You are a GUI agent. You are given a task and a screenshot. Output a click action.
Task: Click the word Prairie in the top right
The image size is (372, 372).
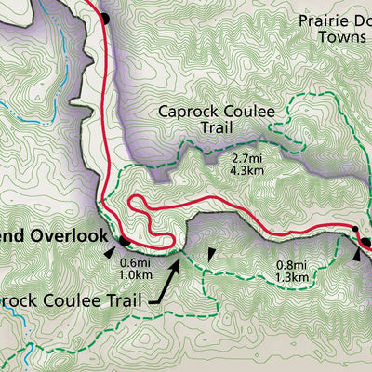click(325, 20)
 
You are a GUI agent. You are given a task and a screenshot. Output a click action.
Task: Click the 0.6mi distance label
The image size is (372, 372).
click(136, 263)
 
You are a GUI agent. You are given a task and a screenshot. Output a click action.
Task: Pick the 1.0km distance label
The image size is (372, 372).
click(136, 275)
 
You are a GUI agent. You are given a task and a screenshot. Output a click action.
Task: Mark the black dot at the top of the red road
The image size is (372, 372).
click(104, 18)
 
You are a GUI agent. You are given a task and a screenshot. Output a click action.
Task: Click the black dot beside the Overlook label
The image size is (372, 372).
click(124, 238)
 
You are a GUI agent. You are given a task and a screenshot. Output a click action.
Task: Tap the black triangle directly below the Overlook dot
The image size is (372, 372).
click(112, 251)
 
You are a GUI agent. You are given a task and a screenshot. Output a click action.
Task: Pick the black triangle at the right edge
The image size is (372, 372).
click(359, 254)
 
